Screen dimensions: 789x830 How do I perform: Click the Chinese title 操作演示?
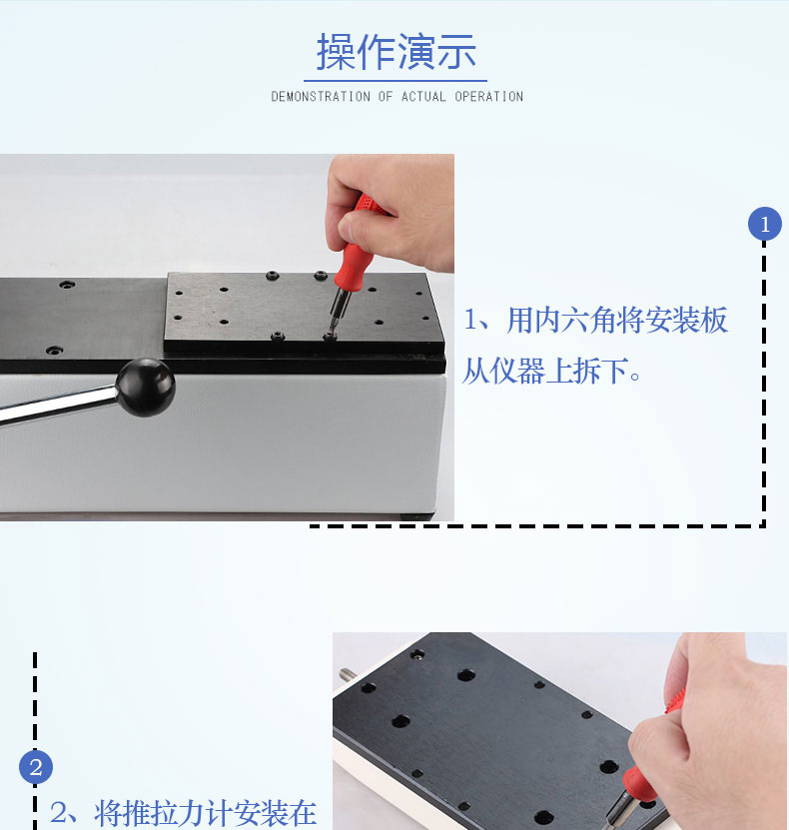coord(395,52)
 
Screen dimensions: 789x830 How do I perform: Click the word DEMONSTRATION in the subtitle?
coord(321,96)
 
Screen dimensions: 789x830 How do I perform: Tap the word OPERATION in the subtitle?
coord(489,96)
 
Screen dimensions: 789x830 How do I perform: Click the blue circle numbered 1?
coord(765,224)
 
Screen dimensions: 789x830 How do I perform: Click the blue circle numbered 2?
coord(35,767)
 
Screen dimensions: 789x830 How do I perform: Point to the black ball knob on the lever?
coord(146,387)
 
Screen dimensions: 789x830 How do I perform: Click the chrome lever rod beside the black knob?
coord(58,404)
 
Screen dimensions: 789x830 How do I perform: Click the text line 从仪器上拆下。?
coord(551,371)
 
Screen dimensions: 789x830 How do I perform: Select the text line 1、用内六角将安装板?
coord(596,321)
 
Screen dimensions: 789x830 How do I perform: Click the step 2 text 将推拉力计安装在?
coord(206,813)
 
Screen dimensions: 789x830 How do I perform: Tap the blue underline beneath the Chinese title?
coord(395,81)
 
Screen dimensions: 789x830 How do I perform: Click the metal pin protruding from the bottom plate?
coord(348,674)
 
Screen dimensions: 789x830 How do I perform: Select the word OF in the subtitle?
coord(386,96)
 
